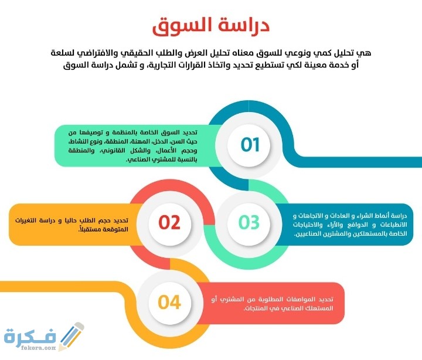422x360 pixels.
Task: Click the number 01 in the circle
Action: [250, 145]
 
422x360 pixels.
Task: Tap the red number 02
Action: [169, 222]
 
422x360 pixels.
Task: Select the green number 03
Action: [249, 222]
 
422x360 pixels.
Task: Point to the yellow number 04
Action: [169, 302]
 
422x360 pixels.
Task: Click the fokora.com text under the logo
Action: [39, 348]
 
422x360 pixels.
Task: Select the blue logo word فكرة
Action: [30, 335]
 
